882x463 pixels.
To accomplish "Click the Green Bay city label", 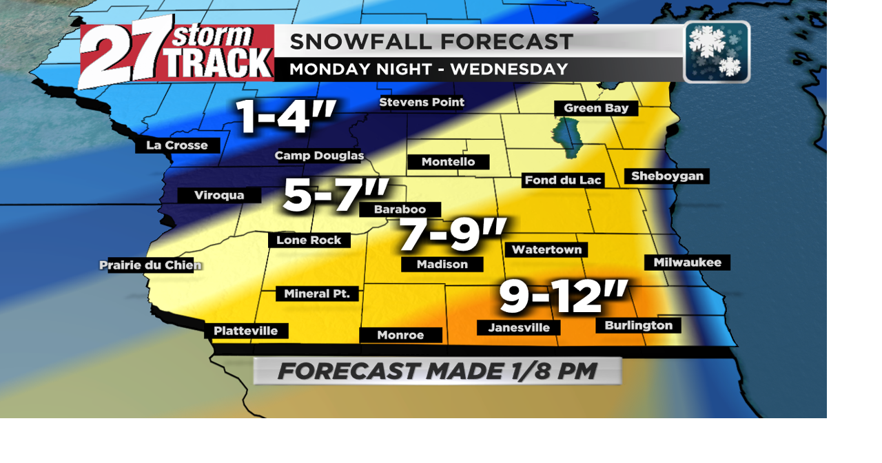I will pos(596,108).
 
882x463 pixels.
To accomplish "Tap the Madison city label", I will pos(442,265).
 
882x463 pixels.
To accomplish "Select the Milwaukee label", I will pos(687,263).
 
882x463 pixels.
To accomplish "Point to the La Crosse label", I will pos(177,145).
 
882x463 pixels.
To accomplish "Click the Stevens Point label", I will pos(422,103).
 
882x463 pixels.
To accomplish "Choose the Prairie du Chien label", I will pos(150,265).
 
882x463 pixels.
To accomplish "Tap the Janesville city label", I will pos(518,328).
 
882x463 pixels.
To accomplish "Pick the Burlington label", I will pos(638,325).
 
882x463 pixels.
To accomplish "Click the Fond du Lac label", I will pos(563,181).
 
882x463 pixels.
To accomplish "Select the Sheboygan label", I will pos(667,176).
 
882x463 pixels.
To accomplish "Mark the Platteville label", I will pos(246,331).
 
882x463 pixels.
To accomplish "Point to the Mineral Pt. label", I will pos(317,294).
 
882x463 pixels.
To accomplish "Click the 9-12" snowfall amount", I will pos(563,297).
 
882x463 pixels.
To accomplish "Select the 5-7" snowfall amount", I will pos(336,196).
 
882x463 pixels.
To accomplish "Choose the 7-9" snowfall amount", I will pos(453,236).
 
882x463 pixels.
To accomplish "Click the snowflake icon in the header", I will pos(717,52).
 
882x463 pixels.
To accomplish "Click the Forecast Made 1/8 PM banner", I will pos(438,371).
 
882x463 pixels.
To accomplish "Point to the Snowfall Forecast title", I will pos(431,42).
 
